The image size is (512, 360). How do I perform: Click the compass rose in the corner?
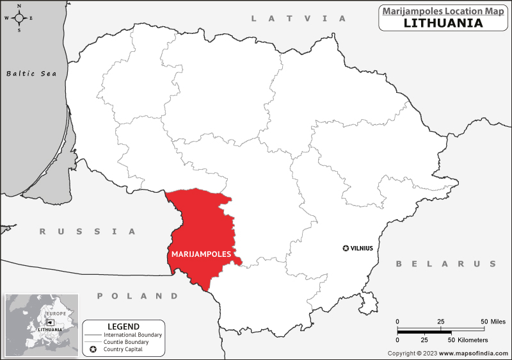pos(19,18)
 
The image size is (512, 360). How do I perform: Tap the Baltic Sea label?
pos(31,74)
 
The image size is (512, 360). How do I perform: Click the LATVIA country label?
pos(298,19)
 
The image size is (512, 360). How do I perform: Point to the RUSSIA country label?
pos(88,231)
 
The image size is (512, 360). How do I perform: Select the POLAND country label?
pos(138,296)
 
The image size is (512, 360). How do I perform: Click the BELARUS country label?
pos(445,264)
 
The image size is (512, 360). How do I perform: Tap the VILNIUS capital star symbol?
pos(346,248)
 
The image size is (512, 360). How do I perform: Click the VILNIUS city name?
pos(362,248)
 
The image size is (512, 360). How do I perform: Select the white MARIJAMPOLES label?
pos(201,254)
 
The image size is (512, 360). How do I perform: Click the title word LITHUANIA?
pos(443,23)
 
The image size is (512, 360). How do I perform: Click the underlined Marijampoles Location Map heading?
pos(443,11)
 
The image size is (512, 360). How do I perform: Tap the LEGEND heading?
pos(124,326)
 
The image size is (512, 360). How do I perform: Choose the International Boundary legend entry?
pos(133,335)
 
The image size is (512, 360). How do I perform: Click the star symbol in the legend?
pos(93,349)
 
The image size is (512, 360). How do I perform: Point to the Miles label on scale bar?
pos(497,321)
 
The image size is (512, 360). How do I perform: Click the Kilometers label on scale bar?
pos(470,340)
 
